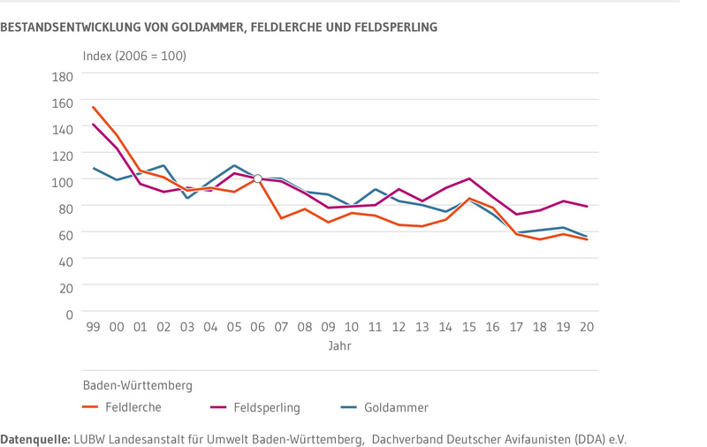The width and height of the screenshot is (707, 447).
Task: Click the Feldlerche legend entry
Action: pos(133,407)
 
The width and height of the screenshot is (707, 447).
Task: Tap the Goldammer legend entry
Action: pos(396,407)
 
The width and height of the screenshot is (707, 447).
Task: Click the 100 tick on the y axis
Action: pos(63,181)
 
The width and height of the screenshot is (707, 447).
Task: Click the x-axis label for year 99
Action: pos(93,327)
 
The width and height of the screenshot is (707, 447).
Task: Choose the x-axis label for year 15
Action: pos(469,327)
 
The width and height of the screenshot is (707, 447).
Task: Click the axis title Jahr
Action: pos(339,346)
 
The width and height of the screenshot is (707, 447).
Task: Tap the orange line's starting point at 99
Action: pos(93,107)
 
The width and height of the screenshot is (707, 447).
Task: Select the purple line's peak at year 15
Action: pos(469,178)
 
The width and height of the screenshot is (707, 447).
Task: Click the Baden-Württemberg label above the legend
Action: pos(138,385)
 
